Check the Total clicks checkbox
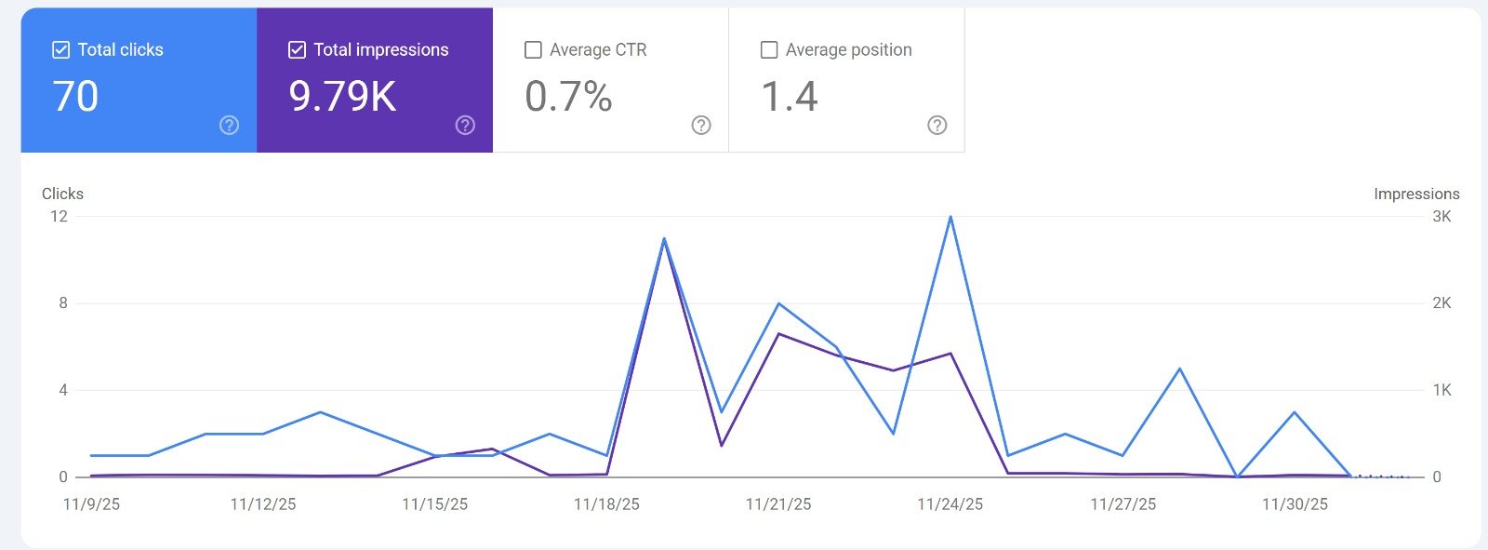[x=61, y=50]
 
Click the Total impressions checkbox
[x=298, y=50]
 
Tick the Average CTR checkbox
[x=533, y=50]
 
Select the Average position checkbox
[x=769, y=50]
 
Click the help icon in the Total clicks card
[x=229, y=126]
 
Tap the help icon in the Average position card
[x=937, y=126]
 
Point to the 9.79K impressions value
[x=342, y=97]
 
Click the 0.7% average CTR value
[x=568, y=97]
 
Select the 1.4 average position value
[x=790, y=97]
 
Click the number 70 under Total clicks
[x=75, y=97]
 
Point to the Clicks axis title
[x=62, y=194]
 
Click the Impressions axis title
[x=1416, y=194]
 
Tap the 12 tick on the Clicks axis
[x=59, y=216]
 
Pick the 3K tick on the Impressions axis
[x=1441, y=216]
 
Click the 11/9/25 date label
[x=91, y=504]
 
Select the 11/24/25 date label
[x=950, y=504]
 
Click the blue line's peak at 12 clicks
[x=950, y=217]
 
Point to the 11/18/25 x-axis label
[x=606, y=504]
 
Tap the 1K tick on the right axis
[x=1441, y=390]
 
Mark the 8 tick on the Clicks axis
[x=63, y=302]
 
